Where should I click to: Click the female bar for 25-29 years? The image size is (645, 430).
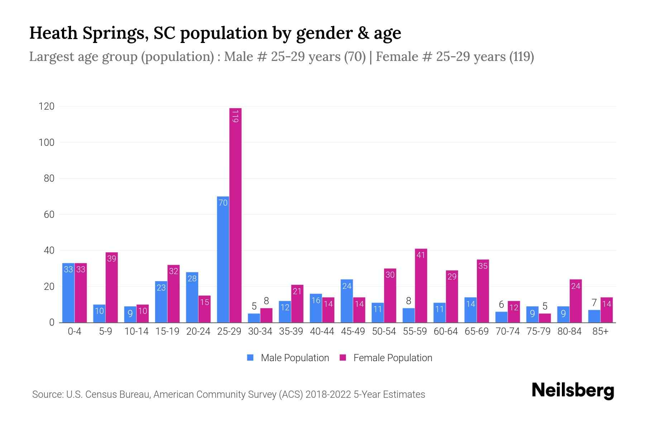(235, 215)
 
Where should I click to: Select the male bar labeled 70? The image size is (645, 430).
(223, 259)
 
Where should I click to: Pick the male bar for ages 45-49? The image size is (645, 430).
(347, 301)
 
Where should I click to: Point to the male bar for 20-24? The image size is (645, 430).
(192, 297)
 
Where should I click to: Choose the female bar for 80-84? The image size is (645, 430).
(575, 301)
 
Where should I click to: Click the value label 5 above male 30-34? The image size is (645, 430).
(254, 306)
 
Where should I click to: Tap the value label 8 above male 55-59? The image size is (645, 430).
(408, 301)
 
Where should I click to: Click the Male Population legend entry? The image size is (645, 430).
(288, 358)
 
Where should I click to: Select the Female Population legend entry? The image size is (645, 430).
(386, 358)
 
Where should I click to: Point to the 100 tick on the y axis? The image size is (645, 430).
(47, 143)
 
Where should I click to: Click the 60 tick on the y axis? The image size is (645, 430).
(49, 215)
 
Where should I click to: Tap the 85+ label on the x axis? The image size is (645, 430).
(600, 331)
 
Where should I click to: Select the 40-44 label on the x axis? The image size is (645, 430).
(322, 331)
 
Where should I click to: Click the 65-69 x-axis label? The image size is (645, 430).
(477, 331)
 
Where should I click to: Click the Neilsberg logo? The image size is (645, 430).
(573, 391)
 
